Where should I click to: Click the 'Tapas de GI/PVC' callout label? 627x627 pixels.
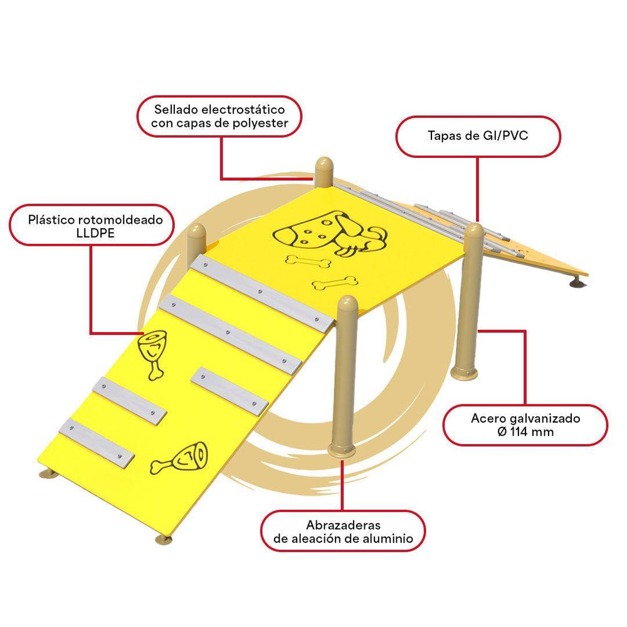(x=478, y=136)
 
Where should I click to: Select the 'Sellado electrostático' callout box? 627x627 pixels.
(x=219, y=117)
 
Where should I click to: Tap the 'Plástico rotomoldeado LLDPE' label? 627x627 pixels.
(x=92, y=226)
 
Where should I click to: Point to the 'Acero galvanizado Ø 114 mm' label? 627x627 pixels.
(x=525, y=426)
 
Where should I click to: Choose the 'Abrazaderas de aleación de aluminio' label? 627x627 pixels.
(x=343, y=532)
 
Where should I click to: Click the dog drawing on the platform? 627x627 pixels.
(x=330, y=234)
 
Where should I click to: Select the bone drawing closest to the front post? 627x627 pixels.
(x=335, y=283)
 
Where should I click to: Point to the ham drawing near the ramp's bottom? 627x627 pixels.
(x=180, y=458)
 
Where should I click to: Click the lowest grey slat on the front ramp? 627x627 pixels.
(x=97, y=442)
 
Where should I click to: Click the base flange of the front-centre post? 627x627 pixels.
(x=342, y=450)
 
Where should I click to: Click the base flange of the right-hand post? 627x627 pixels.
(x=464, y=373)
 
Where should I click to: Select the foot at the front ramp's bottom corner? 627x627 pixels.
(x=164, y=540)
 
